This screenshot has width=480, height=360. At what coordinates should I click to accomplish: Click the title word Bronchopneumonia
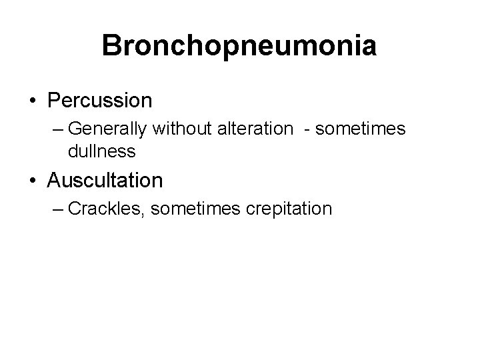click(239, 45)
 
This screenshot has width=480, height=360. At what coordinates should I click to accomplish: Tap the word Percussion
click(100, 101)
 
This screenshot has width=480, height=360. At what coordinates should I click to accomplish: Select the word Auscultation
click(105, 180)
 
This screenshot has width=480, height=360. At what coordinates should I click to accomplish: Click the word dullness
click(101, 151)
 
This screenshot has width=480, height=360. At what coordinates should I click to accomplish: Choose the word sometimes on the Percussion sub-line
click(360, 129)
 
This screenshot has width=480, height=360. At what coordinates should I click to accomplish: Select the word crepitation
click(289, 209)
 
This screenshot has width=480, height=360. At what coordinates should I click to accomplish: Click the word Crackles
click(107, 209)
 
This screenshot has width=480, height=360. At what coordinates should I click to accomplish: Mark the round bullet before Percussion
click(32, 102)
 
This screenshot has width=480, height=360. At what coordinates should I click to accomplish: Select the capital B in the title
click(111, 45)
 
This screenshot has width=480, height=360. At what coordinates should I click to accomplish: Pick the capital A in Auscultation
click(55, 180)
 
